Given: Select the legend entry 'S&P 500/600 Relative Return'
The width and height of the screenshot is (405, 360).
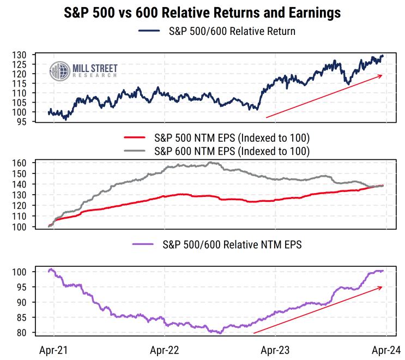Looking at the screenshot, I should click(x=232, y=31).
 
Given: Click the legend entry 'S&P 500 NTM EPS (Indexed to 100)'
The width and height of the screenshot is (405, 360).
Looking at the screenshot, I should click(x=232, y=137).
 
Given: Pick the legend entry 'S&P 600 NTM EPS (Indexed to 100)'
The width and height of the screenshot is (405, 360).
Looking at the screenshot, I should click(x=232, y=151).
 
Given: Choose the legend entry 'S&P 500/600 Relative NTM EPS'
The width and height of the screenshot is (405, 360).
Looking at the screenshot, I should click(x=232, y=245).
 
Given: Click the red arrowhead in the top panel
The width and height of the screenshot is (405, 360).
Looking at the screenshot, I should click(x=381, y=76).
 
